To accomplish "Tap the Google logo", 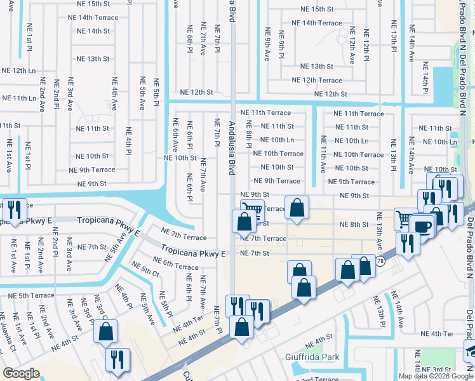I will coord(22,373).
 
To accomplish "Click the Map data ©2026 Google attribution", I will coord(436,376).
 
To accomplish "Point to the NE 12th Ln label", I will coord(19,70).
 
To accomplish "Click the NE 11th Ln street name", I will coord(19,98).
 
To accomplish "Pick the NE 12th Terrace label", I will coord(317,80).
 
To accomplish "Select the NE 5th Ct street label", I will coord(146,271).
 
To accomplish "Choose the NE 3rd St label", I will coord(436,369).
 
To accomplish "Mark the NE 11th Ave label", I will coord(323,154).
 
